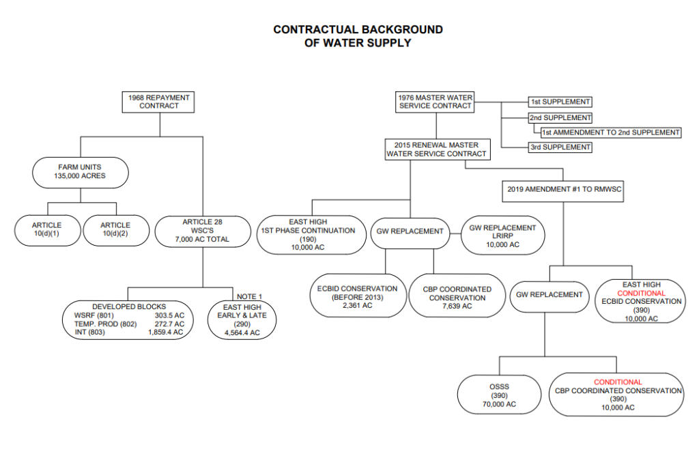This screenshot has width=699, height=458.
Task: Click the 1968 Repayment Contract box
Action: point(159,102)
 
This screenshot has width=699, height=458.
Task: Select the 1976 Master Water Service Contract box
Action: point(435,102)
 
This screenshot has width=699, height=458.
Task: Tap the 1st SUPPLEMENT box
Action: point(560,102)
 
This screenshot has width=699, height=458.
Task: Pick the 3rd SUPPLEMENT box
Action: point(560,147)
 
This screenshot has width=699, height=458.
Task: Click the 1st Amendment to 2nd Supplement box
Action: point(610,132)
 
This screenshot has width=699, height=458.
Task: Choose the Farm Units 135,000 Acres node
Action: point(80,171)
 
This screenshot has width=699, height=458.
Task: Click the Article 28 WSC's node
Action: point(202,230)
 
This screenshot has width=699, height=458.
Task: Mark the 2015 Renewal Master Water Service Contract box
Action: point(436,149)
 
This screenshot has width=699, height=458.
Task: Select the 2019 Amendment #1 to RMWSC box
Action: point(563,188)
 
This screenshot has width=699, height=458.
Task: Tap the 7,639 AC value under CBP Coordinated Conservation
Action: point(457,306)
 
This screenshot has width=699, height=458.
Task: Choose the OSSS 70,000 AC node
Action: point(499,395)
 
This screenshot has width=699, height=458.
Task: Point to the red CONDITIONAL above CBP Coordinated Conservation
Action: point(618,382)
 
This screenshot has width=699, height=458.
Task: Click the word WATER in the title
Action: point(346,42)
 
